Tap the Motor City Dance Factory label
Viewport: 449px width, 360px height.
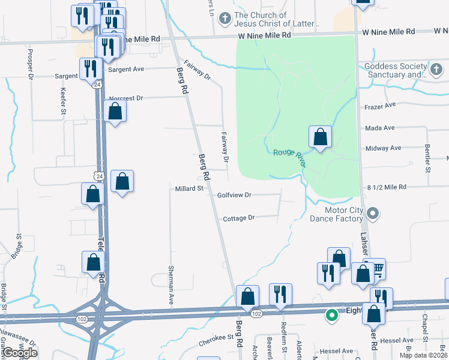point(336,214)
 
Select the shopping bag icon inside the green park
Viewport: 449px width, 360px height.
point(321,137)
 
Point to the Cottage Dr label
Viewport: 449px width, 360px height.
point(239,218)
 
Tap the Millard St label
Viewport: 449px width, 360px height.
point(189,188)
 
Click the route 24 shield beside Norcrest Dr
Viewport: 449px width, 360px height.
point(97,85)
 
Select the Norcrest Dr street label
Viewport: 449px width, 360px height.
point(127,98)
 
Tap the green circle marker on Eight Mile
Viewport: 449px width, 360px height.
point(331,314)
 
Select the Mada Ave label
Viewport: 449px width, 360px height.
point(379,128)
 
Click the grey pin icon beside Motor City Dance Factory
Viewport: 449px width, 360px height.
point(373,214)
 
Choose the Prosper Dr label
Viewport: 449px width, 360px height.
point(29,63)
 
